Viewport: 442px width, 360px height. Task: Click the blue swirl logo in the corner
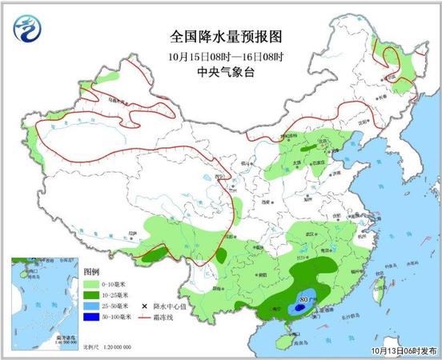point(27,33)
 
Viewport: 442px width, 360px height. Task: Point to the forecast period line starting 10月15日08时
point(227,56)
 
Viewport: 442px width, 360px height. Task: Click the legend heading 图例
point(92,271)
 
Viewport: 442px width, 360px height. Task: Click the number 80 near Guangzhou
point(303,301)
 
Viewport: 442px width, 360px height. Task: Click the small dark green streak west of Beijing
point(307,149)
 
